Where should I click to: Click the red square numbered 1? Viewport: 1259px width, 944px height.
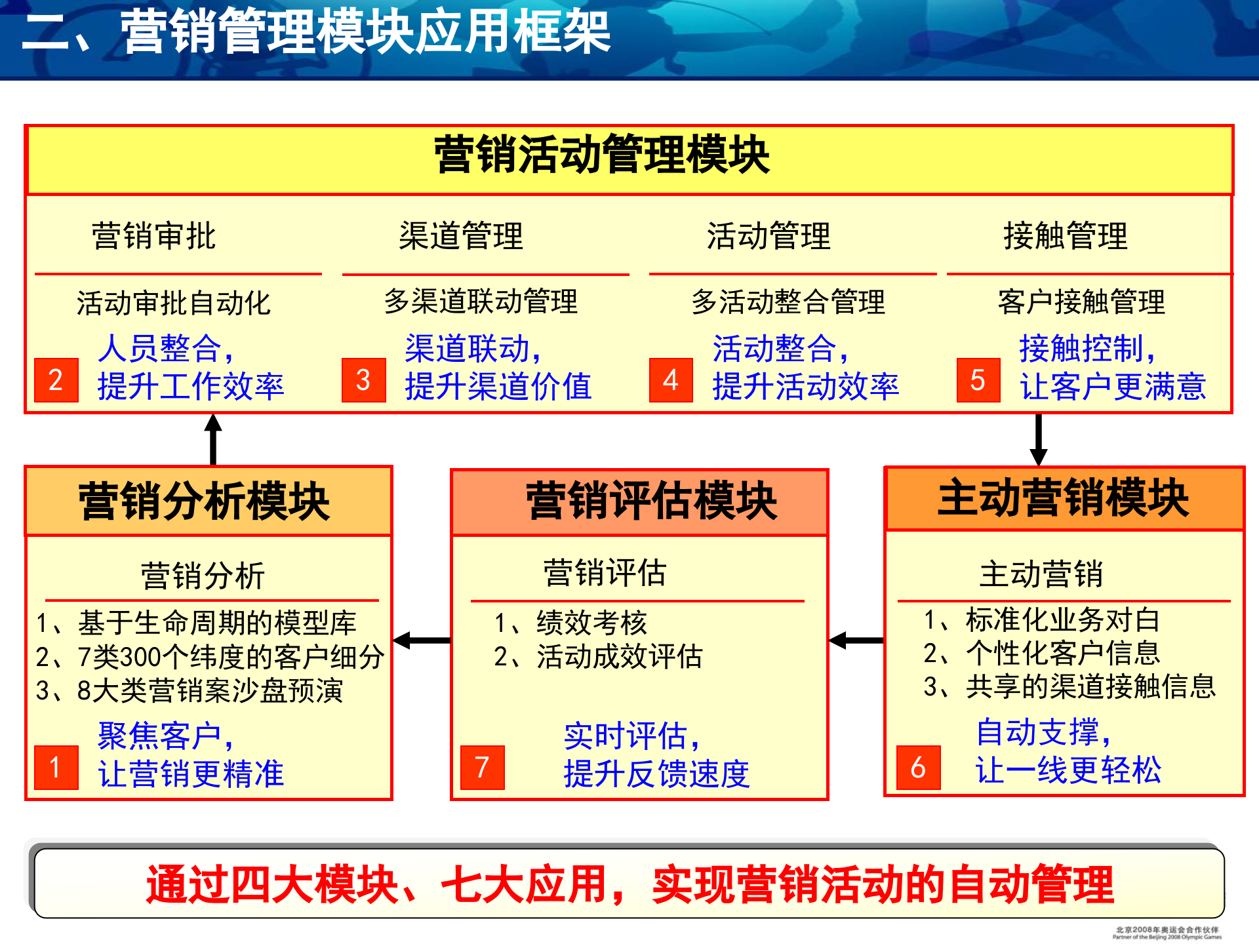tap(56, 767)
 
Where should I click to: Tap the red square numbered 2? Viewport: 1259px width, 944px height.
tap(56, 380)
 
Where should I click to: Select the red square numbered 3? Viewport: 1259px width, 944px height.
tap(363, 380)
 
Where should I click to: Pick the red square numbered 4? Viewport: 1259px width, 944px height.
tap(671, 380)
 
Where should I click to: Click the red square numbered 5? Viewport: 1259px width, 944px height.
tap(978, 380)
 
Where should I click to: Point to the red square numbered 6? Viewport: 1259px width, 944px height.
tap(918, 767)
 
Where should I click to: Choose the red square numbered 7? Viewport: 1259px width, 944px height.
tap(483, 767)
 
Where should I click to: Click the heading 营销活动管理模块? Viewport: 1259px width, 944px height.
tap(602, 155)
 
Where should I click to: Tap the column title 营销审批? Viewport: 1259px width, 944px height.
tap(153, 236)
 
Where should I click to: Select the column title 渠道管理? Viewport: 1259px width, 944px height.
tap(461, 236)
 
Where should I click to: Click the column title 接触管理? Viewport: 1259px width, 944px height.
tap(1066, 236)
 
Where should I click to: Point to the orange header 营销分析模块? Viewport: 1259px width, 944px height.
tap(204, 501)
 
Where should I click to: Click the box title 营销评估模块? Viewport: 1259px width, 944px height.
tap(652, 501)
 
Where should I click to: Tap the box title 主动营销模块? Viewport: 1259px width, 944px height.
tap(1063, 498)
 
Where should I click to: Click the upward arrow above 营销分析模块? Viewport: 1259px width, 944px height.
tap(213, 439)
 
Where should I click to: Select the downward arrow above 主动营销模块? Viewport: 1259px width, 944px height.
tap(1039, 439)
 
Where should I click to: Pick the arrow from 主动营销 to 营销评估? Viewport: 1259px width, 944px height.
tap(856, 640)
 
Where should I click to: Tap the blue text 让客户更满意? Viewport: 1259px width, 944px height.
tap(1113, 386)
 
